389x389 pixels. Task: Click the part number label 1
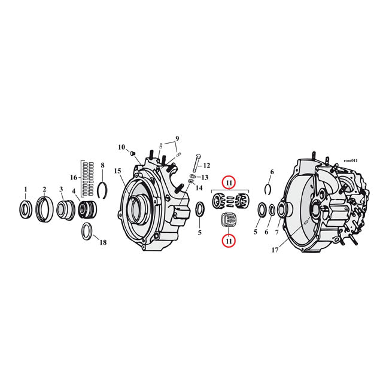point(25,189)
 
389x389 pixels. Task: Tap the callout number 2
point(44,190)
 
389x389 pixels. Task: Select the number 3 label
point(61,190)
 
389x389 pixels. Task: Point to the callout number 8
point(102,165)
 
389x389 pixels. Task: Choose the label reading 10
point(121,147)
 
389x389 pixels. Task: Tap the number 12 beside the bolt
point(206,165)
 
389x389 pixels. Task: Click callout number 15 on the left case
point(118,171)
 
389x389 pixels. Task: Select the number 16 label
point(74,177)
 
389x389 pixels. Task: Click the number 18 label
point(103,242)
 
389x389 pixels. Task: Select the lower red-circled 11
point(229,240)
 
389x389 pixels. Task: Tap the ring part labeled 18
point(87,230)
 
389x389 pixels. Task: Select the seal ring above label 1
point(26,209)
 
